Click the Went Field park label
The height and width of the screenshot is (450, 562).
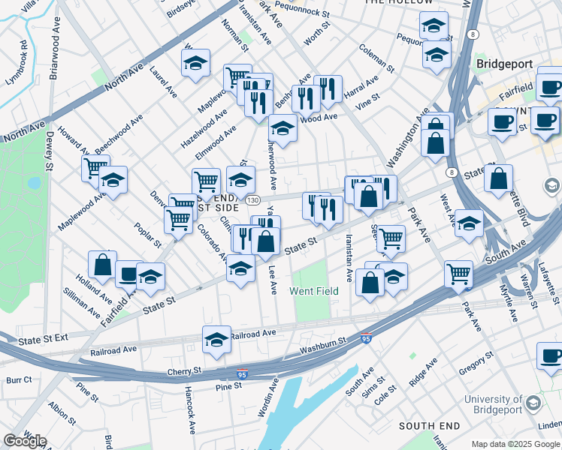(314, 290)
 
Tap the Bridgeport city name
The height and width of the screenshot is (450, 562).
(504, 65)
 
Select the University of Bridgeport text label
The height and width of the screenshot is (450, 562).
(492, 404)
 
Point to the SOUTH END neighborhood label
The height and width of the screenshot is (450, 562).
(429, 426)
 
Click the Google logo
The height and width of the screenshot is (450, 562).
(25, 440)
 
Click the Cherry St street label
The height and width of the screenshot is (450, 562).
(186, 371)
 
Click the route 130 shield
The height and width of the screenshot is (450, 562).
(253, 200)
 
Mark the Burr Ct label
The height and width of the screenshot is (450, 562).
(18, 380)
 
